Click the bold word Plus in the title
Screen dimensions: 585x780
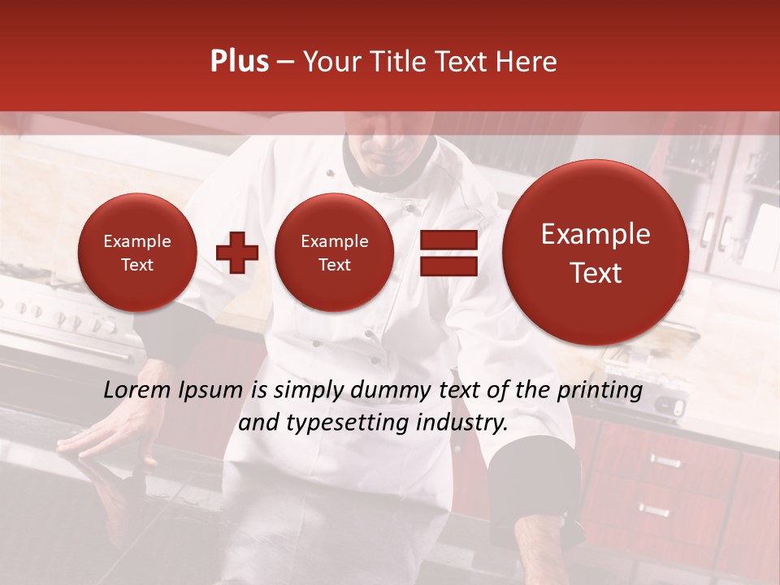click(x=239, y=62)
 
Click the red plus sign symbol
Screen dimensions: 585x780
click(x=236, y=252)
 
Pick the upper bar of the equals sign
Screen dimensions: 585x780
click(x=448, y=240)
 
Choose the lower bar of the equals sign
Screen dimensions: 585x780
click(x=448, y=266)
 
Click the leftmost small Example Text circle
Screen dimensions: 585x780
click(x=136, y=253)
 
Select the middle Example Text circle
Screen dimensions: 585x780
click(x=334, y=253)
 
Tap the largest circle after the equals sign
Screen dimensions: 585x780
click(x=596, y=253)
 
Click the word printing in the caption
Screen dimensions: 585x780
click(x=600, y=391)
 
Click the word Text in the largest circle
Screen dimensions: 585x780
click(x=596, y=273)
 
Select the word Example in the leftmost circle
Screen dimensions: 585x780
click(x=136, y=241)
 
